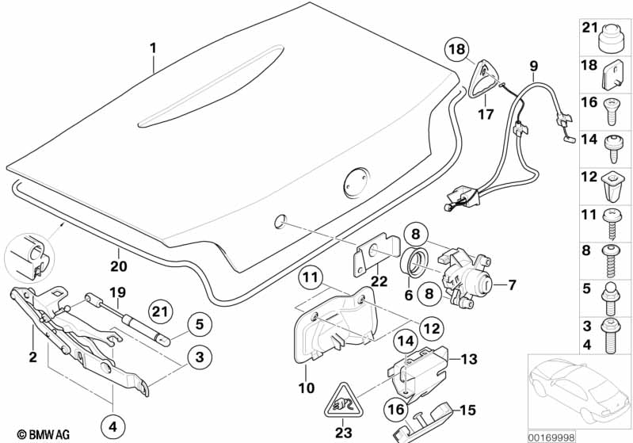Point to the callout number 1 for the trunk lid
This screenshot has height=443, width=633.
(x=154, y=48)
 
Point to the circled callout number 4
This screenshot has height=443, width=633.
(x=112, y=426)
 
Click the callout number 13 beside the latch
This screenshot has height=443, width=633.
(x=469, y=359)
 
